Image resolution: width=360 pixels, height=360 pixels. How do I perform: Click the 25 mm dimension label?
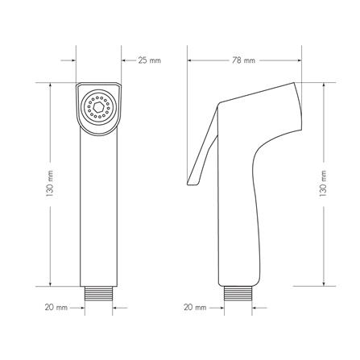pos(150,60)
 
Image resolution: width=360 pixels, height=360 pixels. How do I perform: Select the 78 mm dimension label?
pos(243,60)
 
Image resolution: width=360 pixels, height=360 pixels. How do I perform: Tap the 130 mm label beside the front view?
pos(50,184)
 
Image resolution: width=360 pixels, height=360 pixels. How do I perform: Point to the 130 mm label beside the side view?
pos(323,184)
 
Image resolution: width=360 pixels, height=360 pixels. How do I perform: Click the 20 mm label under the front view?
pos(56,307)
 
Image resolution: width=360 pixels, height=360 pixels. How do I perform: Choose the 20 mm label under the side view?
pos(195,307)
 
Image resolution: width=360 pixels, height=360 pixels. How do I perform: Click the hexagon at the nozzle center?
pos(98,108)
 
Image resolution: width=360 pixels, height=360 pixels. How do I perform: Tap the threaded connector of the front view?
pos(98,293)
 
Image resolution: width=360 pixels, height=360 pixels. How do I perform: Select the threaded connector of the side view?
pos(238,293)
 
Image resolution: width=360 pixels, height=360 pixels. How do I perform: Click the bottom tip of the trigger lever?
pos(188,184)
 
